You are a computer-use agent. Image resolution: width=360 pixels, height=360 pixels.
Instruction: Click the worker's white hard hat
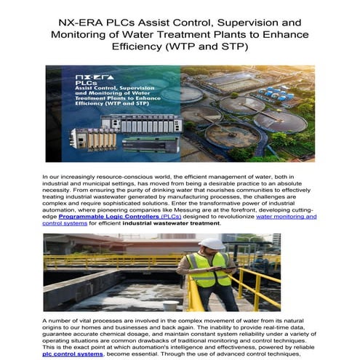pos(211,244)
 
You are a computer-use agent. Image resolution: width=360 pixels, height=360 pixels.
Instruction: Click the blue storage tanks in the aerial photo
pos(279,95)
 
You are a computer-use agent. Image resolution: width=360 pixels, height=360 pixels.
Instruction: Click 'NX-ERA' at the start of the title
pos(79,22)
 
